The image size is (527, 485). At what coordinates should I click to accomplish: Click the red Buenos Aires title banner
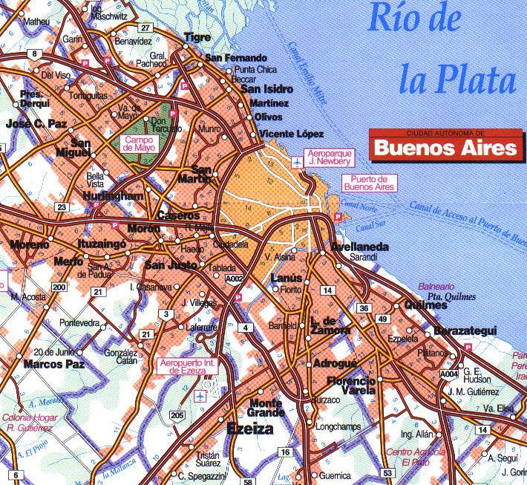[x=445, y=148]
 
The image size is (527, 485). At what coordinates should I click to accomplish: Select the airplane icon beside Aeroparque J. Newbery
[x=297, y=161]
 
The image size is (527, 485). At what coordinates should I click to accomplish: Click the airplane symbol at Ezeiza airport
[x=200, y=397]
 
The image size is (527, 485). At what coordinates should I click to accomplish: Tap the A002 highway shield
[x=235, y=279]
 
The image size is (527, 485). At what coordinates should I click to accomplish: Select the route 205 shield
[x=177, y=414]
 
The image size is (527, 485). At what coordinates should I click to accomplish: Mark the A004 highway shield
[x=448, y=374]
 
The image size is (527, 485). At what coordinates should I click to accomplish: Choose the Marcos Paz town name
[x=53, y=364]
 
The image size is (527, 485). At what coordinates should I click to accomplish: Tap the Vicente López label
[x=291, y=134]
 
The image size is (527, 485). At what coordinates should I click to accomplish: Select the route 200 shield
[x=58, y=287]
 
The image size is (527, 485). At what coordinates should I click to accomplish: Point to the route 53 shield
[x=387, y=472]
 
